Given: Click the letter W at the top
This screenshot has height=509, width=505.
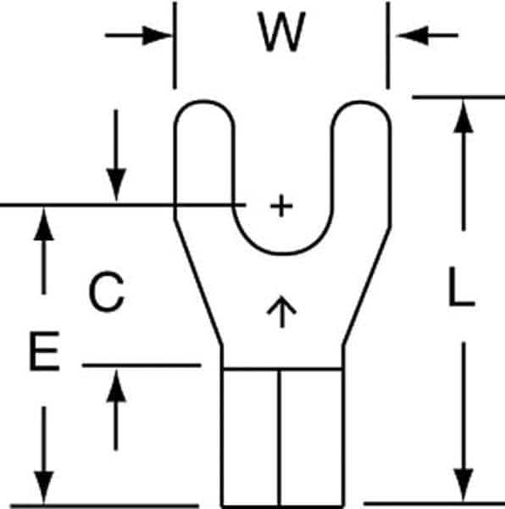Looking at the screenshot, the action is (x=281, y=32).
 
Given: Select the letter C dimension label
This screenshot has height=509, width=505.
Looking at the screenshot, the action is (x=107, y=292).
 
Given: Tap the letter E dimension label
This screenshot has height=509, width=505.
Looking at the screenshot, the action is (x=44, y=351).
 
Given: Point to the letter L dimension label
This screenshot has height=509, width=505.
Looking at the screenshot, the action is (x=462, y=287).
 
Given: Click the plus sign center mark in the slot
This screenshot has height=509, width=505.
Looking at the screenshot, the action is (x=281, y=205).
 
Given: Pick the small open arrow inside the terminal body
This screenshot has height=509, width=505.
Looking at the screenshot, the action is (x=281, y=311).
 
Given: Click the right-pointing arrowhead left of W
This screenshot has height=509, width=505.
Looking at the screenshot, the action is (x=157, y=35).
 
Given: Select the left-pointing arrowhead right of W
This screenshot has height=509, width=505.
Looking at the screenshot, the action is (x=413, y=35).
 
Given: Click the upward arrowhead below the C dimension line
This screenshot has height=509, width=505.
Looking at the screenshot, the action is (x=116, y=386).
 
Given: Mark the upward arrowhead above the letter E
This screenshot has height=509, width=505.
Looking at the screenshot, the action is (x=44, y=224).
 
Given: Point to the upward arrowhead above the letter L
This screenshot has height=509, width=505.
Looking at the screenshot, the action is (x=463, y=116).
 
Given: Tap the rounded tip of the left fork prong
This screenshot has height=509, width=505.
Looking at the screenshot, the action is (x=204, y=102).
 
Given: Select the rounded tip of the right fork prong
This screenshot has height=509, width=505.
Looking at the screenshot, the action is (x=360, y=102).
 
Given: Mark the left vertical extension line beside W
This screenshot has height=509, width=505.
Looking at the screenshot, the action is (x=175, y=45).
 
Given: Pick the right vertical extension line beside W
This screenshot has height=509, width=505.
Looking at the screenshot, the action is (x=388, y=45).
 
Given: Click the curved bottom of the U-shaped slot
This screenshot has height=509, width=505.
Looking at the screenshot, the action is (x=283, y=253).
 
